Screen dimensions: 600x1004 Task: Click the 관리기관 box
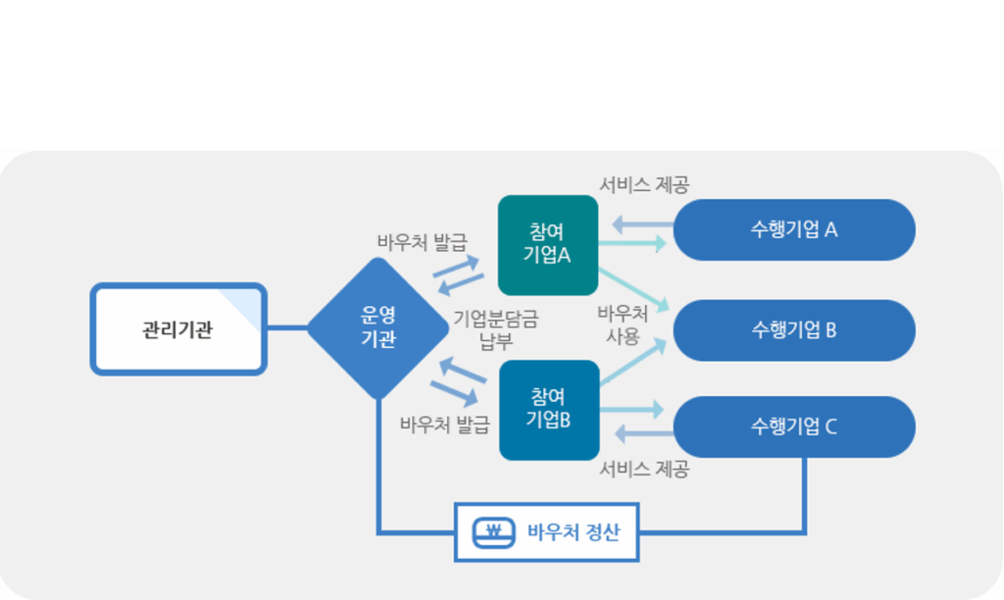(178, 328)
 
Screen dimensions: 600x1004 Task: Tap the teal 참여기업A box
(548, 245)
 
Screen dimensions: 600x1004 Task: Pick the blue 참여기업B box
(549, 410)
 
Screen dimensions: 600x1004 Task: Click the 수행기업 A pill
(794, 229)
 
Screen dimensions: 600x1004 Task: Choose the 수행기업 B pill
(794, 329)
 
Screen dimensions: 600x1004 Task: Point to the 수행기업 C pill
(794, 426)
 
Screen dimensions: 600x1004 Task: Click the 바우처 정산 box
(547, 533)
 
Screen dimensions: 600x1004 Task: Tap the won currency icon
(493, 533)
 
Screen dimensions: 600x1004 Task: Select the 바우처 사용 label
(624, 325)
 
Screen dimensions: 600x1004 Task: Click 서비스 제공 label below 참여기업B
(644, 469)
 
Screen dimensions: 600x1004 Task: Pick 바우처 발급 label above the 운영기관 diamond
(423, 241)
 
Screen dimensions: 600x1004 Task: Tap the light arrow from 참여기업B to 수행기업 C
(632, 406)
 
